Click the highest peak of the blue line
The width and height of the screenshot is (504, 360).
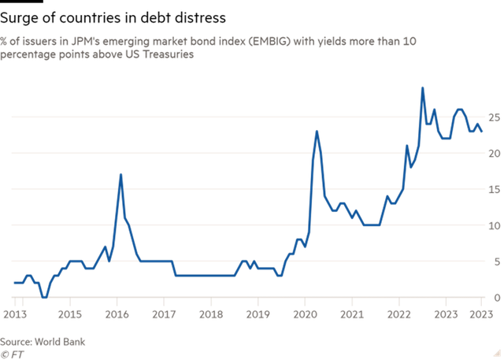(x=423, y=88)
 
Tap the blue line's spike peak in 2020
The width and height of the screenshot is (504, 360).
(x=317, y=132)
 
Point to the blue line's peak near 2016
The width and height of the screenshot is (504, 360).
(x=120, y=175)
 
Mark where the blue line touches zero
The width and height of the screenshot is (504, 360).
(x=46, y=297)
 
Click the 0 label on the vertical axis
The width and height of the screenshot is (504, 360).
(x=496, y=298)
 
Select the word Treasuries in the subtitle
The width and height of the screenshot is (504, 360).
(x=166, y=55)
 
